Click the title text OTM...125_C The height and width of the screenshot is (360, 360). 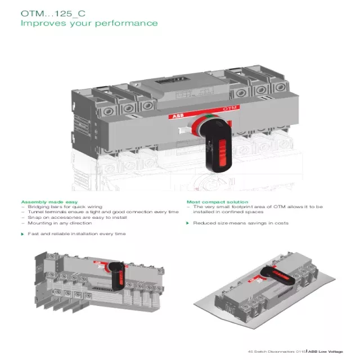[x=53, y=12]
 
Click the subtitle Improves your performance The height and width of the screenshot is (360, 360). [x=89, y=23]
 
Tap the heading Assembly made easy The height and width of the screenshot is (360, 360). [x=49, y=201]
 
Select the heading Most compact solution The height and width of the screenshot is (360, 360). [x=217, y=201]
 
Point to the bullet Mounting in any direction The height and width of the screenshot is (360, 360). [x=60, y=223]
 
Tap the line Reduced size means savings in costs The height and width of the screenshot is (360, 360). [x=240, y=223]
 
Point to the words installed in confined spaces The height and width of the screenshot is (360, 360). [x=228, y=212]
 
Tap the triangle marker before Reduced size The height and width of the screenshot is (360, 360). [x=188, y=223]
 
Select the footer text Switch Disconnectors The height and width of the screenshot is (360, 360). [x=272, y=352]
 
